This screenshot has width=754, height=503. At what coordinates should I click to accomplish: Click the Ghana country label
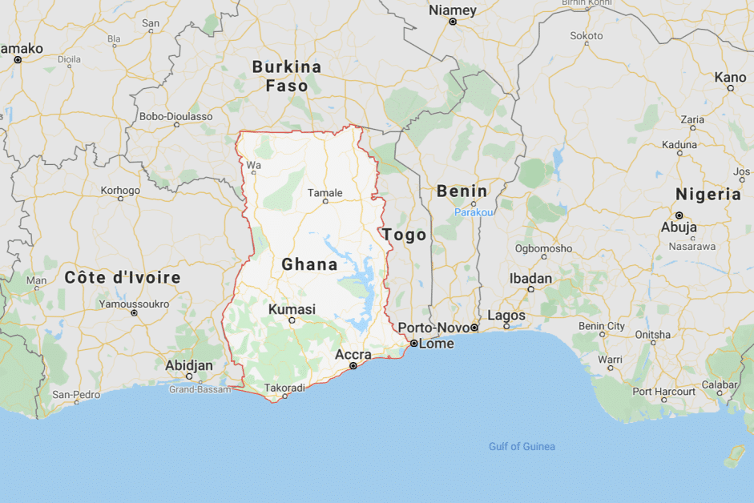pyautogui.click(x=309, y=264)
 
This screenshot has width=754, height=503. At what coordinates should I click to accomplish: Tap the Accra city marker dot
pyautogui.click(x=353, y=366)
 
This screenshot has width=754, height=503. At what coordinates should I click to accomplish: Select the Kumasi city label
pyautogui.click(x=292, y=309)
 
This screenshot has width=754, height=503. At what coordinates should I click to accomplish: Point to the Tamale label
pyautogui.click(x=325, y=192)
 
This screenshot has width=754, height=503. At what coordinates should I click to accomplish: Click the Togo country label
pyautogui.click(x=405, y=234)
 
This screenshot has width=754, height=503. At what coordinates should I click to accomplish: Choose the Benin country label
pyautogui.click(x=462, y=191)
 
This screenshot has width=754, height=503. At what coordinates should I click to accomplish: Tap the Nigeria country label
pyautogui.click(x=708, y=194)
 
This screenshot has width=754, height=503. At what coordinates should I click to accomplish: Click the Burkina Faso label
pyautogui.click(x=287, y=76)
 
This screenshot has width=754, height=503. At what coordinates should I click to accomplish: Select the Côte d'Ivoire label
pyautogui.click(x=123, y=277)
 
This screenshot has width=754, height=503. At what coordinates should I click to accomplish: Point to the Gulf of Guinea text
pyautogui.click(x=522, y=446)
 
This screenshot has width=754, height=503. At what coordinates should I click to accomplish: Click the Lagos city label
pyautogui.click(x=506, y=316)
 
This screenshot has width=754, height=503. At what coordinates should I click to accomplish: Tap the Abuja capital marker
pyautogui.click(x=678, y=215)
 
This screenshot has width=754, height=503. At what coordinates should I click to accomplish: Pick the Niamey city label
pyautogui.click(x=453, y=10)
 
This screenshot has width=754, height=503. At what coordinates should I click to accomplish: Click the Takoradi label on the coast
pyautogui.click(x=284, y=388)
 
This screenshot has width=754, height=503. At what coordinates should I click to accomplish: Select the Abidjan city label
pyautogui.click(x=189, y=365)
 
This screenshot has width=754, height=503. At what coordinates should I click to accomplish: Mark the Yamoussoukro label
pyautogui.click(x=134, y=304)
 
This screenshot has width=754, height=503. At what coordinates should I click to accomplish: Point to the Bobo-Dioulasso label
pyautogui.click(x=176, y=116)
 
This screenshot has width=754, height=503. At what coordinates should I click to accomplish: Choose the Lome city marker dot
pyautogui.click(x=413, y=343)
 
